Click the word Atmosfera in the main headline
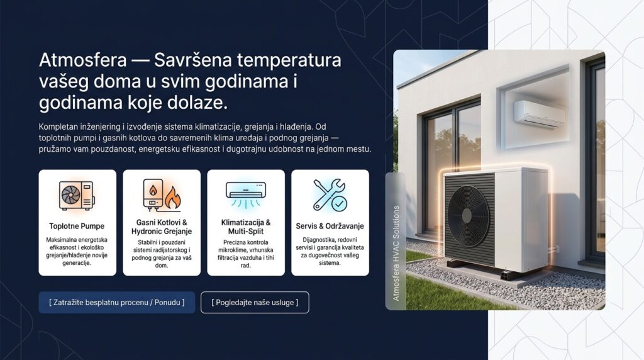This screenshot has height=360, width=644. (83, 60)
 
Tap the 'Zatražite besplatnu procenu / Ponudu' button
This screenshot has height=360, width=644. (116, 303)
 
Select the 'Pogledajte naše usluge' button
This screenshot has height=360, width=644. (255, 303)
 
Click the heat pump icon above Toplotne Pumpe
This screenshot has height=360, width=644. (77, 195)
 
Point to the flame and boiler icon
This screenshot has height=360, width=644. (162, 195)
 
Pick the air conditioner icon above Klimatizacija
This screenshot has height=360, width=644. (246, 194)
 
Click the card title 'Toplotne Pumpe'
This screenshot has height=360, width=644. (77, 226)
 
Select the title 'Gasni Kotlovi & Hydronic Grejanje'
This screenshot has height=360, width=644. (162, 227)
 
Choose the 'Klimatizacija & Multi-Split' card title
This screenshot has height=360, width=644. (246, 227)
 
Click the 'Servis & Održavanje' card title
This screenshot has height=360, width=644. (330, 226)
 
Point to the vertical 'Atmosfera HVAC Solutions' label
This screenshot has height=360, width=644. (396, 253)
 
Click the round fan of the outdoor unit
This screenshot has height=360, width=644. (468, 216)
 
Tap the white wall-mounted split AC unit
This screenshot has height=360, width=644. (540, 113)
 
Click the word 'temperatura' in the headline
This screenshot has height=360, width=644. (289, 60)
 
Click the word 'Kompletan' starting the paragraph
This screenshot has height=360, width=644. (58, 127)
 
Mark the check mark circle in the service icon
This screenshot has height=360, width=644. (339, 203)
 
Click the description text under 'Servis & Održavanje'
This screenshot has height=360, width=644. (330, 251)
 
